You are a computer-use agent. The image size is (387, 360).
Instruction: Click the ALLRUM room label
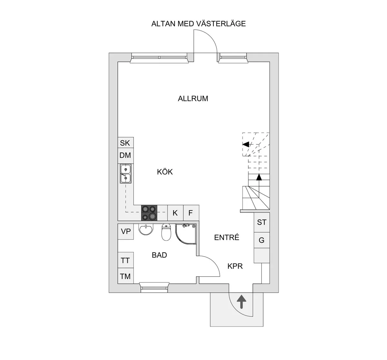(x=193, y=99)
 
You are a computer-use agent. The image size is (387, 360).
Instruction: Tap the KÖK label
(x=165, y=172)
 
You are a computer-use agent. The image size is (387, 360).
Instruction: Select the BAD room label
(x=159, y=255)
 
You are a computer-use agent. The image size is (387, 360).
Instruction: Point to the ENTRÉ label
(x=227, y=238)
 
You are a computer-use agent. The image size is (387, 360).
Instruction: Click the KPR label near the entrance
(x=235, y=266)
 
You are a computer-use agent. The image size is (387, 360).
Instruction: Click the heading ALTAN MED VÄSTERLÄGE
(x=198, y=24)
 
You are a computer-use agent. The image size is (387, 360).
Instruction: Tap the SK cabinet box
(x=125, y=143)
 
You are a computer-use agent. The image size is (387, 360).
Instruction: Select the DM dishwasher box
(x=125, y=155)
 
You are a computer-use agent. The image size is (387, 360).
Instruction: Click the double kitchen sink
(x=125, y=174)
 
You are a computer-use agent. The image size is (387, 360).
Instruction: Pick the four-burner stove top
(x=149, y=213)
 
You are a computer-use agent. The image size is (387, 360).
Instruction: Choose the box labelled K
(x=175, y=213)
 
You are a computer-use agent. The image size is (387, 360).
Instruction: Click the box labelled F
(x=191, y=213)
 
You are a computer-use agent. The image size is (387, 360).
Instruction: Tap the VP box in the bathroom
(x=126, y=231)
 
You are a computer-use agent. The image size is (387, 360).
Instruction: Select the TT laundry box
(x=125, y=260)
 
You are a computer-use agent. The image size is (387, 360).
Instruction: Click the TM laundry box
(x=125, y=276)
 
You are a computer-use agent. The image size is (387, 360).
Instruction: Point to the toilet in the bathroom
(x=166, y=232)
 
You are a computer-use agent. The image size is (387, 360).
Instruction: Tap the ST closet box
(x=262, y=222)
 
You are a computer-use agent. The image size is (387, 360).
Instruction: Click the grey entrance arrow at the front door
(x=241, y=303)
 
